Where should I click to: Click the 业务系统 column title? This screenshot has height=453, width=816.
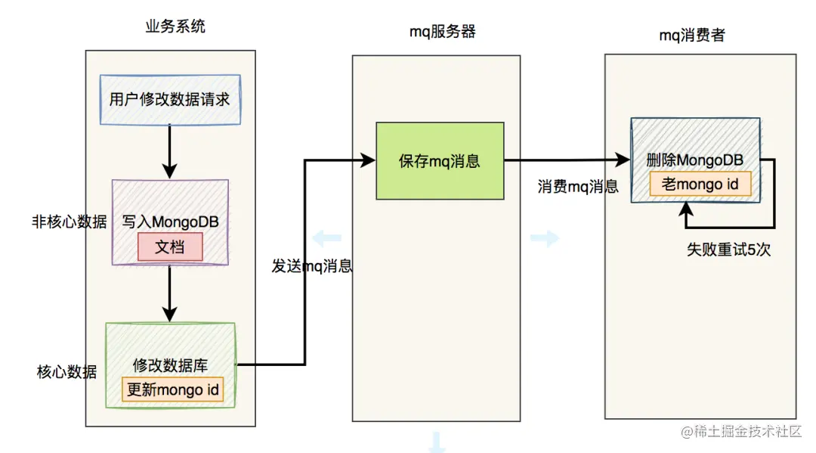pyautogui.click(x=175, y=26)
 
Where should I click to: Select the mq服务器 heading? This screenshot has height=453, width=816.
pyautogui.click(x=442, y=32)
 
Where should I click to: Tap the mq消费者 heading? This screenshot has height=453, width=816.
pyautogui.click(x=691, y=35)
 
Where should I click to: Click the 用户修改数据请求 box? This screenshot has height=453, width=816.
pyautogui.click(x=169, y=99)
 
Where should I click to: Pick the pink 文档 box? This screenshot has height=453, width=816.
pyautogui.click(x=170, y=247)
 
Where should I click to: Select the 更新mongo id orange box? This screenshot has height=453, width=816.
pyautogui.click(x=174, y=390)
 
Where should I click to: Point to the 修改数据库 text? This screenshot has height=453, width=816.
pyautogui.click(x=170, y=366)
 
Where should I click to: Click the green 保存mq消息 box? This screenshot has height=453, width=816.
pyautogui.click(x=440, y=161)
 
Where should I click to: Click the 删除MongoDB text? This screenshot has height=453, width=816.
pyautogui.click(x=694, y=160)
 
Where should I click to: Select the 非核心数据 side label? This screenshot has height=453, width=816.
pyautogui.click(x=69, y=222)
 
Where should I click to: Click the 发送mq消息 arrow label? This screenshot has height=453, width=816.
pyautogui.click(x=312, y=267)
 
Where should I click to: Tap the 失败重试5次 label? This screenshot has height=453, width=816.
pyautogui.click(x=728, y=250)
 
